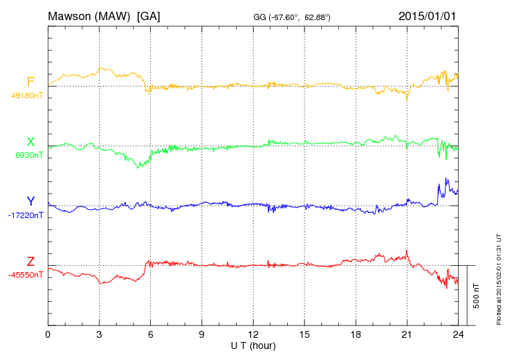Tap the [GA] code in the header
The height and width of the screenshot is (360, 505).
click(x=149, y=16)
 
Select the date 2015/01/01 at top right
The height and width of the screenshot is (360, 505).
click(x=427, y=16)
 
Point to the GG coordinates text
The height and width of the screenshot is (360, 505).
click(x=293, y=17)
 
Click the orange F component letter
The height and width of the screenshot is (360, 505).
click(x=30, y=82)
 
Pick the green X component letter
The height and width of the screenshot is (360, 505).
click(x=30, y=142)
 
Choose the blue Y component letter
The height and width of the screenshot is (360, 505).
click(x=30, y=201)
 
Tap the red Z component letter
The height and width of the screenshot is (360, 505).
click(x=30, y=262)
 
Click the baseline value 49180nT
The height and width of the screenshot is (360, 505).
click(x=27, y=96)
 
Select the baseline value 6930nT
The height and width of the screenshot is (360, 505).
click(x=29, y=156)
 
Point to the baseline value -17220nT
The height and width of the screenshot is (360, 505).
click(x=26, y=215)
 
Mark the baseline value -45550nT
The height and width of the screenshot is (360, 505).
click(x=26, y=275)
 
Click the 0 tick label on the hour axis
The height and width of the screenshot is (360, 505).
click(x=48, y=334)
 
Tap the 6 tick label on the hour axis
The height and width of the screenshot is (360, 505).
click(x=150, y=334)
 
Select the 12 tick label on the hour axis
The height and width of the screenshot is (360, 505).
click(x=252, y=334)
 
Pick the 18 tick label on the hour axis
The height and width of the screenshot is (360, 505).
click(x=355, y=334)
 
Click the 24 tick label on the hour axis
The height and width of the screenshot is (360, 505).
click(x=457, y=334)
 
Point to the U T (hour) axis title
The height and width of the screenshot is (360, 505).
click(x=252, y=345)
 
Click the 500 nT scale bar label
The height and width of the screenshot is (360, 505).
click(x=477, y=295)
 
